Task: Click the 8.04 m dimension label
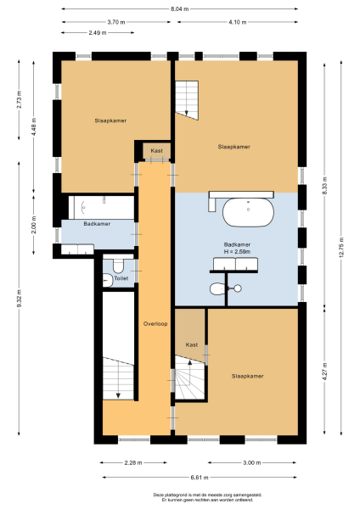pos(180,9)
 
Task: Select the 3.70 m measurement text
pos(118,22)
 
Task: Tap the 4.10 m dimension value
pos(239,22)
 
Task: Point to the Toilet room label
pos(121,278)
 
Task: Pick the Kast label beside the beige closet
pos(192,345)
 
